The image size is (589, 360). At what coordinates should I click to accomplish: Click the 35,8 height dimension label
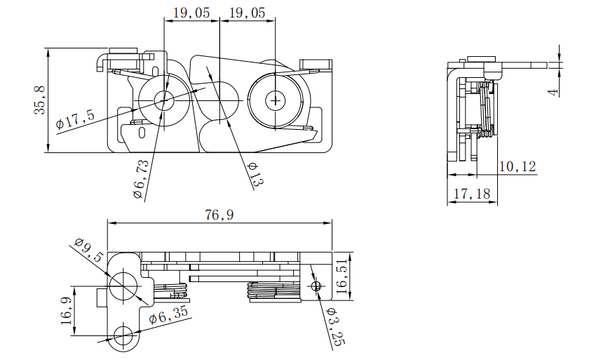coord(40,100)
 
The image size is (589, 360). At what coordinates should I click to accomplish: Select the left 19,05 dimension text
coord(191,13)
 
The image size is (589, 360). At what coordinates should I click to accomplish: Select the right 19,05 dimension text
coord(247,13)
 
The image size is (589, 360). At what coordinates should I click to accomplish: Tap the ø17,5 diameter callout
coord(75,119)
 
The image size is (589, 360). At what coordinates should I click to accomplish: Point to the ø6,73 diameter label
coord(141,179)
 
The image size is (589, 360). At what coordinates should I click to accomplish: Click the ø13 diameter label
coord(255,174)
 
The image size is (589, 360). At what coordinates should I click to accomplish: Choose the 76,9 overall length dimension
coord(219,215)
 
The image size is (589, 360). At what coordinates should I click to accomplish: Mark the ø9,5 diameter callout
coord(88,250)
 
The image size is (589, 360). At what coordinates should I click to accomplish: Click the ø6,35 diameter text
coord(168,314)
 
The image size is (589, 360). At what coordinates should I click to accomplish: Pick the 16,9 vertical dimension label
coord(66,310)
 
